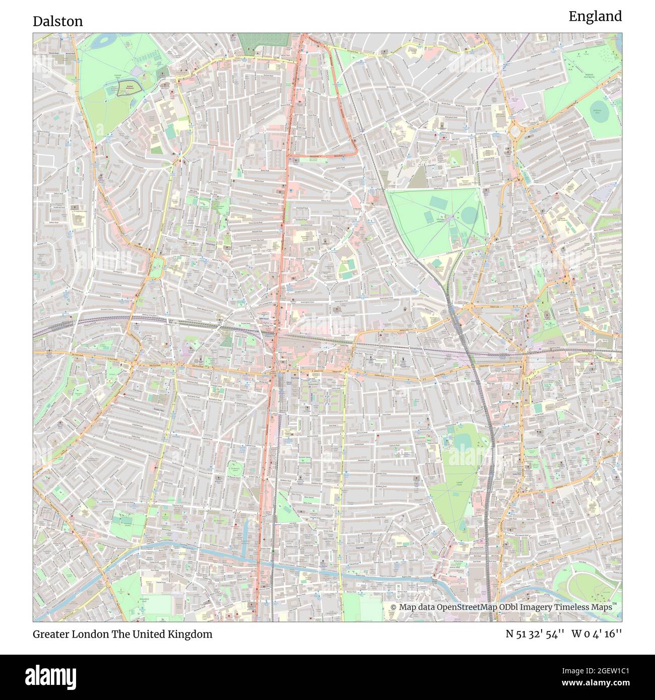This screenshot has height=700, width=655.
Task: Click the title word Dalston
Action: (x=58, y=22)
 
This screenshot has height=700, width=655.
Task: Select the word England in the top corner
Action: (x=595, y=17)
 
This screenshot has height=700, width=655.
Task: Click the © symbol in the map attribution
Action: (x=394, y=607)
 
